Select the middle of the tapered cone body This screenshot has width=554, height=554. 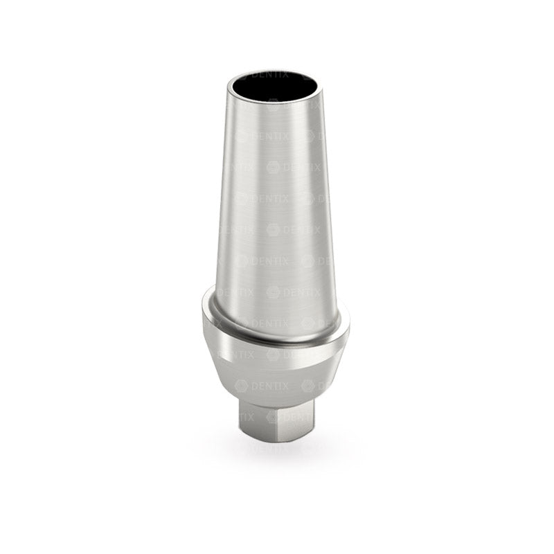point(276,208)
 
